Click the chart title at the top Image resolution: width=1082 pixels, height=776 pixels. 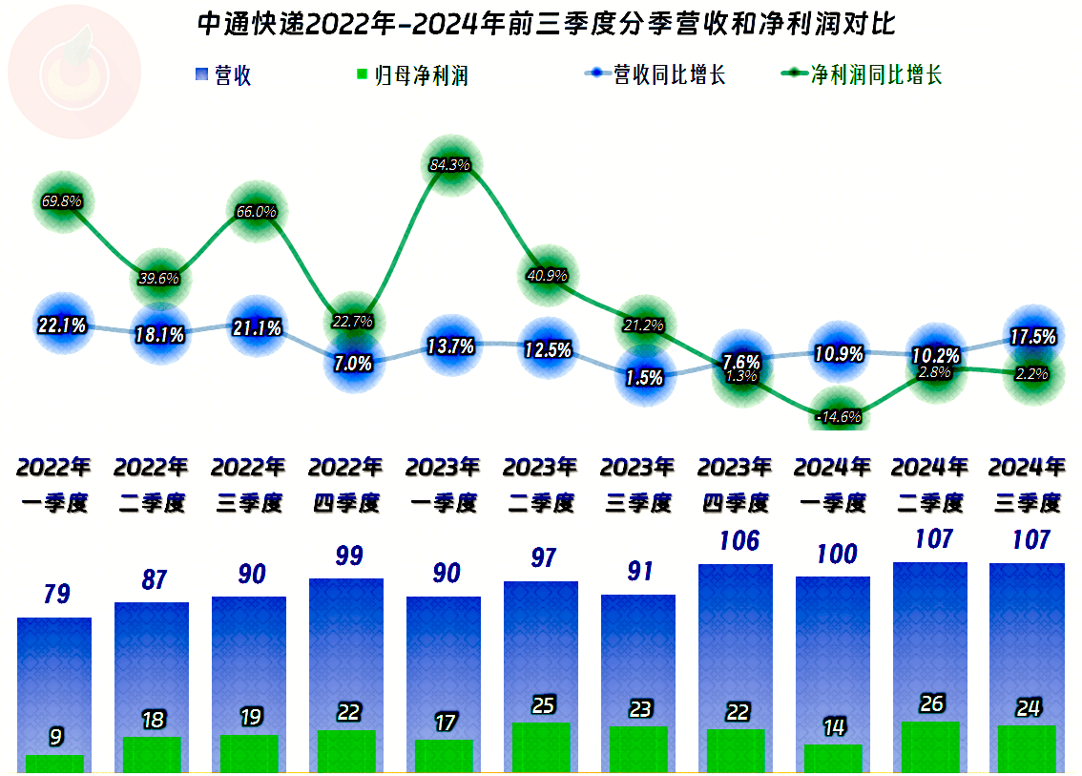[546, 24]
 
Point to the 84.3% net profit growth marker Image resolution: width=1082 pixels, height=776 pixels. [449, 165]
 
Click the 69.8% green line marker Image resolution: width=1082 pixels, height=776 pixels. [62, 201]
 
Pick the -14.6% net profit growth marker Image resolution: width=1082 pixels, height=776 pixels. [839, 416]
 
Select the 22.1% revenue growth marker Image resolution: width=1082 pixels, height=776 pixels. [62, 325]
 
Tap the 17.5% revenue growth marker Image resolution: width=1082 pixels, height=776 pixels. [1032, 337]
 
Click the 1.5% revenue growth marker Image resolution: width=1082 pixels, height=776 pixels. [644, 377]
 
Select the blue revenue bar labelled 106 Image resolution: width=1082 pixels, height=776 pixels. [736, 644]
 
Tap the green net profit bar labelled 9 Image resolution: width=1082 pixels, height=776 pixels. [54, 763]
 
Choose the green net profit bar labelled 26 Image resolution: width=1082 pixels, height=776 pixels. [930, 746]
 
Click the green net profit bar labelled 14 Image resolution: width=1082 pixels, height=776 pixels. [833, 758]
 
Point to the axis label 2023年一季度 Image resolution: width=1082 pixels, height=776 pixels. [443, 485]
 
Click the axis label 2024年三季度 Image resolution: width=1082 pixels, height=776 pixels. [1027, 485]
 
